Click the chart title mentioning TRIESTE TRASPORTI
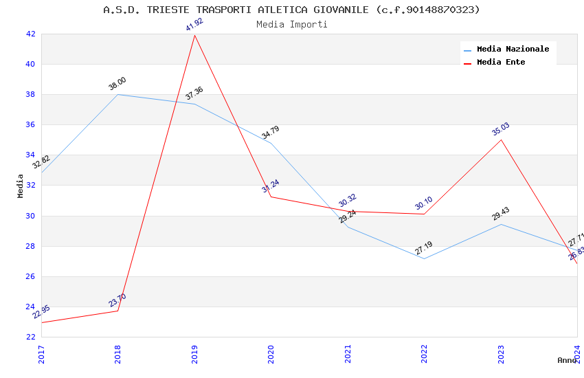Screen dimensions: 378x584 (x=291, y=10)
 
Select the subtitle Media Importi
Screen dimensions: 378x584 (x=291, y=25)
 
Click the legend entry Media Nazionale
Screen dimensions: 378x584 (x=513, y=49)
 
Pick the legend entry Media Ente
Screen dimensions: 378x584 (x=501, y=63)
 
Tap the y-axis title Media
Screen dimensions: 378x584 (x=21, y=186)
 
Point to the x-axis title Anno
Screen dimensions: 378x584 (x=567, y=360)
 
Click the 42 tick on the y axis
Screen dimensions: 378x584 (x=30, y=34)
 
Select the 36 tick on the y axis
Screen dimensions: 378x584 (x=30, y=125)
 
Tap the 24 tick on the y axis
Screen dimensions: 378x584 (x=30, y=307)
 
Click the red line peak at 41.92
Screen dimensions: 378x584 (x=194, y=35)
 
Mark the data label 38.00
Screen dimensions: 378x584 (x=117, y=84)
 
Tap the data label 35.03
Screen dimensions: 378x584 (x=501, y=129)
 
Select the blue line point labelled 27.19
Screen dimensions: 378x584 (x=424, y=258)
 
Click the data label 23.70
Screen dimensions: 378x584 (x=117, y=300)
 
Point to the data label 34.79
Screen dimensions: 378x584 (x=271, y=133)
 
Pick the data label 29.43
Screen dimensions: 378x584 (x=501, y=214)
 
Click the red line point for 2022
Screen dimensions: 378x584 (x=424, y=214)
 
